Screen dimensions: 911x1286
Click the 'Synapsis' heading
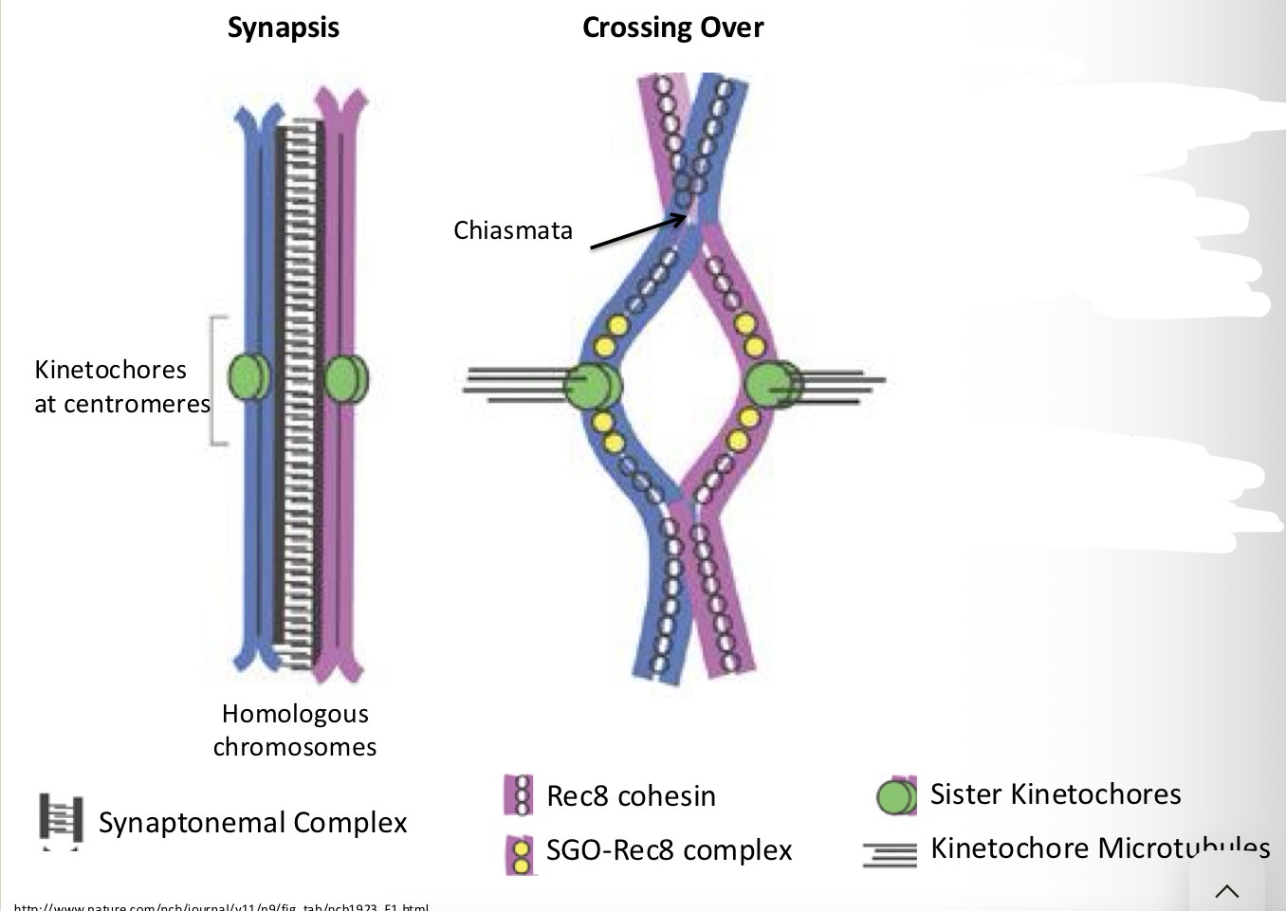283,27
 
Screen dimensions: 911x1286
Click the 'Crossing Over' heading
672,27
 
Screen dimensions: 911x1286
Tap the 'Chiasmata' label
513,230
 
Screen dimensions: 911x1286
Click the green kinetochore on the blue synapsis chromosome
248,377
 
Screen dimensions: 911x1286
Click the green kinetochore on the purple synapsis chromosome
345,378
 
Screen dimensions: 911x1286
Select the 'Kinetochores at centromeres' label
121,387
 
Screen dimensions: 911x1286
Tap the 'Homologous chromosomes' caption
295,730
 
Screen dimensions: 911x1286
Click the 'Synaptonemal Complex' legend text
253,822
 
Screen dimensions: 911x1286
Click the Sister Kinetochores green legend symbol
896,796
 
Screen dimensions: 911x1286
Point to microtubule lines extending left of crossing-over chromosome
512,384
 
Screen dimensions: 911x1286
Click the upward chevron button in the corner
1227,890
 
